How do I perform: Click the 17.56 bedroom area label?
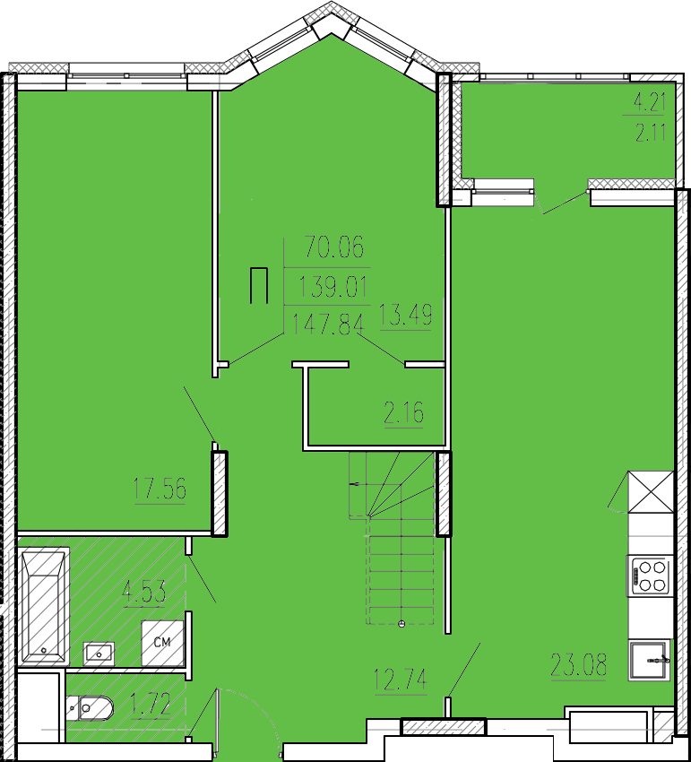160,489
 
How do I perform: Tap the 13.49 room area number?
405,314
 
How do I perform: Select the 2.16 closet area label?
404,412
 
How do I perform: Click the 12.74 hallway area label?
401,679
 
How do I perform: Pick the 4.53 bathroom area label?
144,592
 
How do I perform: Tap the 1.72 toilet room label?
151,706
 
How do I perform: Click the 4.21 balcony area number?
650,102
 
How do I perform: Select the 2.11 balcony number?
650,132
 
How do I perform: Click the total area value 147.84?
328,325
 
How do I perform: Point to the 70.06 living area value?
334,247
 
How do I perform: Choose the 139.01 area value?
334,286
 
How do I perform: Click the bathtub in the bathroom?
44,607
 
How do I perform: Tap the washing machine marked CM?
162,643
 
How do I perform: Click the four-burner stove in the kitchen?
649,576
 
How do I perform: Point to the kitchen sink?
649,660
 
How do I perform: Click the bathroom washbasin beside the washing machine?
99,654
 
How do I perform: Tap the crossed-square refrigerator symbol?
651,492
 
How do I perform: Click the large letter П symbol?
259,285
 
